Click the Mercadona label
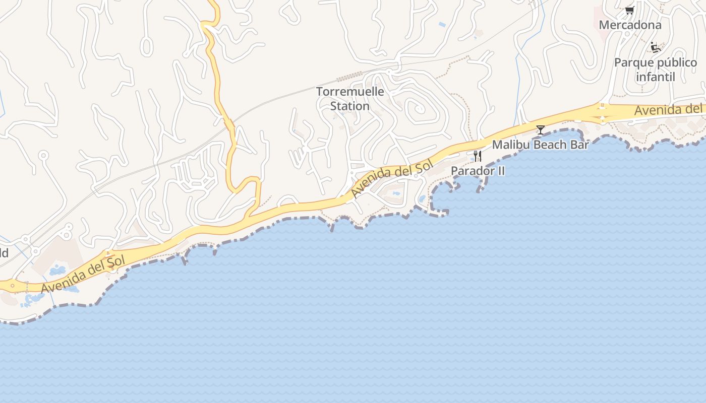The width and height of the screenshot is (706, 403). (630, 25)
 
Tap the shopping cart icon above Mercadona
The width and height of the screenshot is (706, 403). (629, 10)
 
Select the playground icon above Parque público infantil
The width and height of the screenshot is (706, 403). (656, 48)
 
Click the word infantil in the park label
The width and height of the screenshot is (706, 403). (655, 77)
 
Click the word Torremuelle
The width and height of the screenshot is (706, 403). (350, 92)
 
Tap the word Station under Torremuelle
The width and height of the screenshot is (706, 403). (350, 106)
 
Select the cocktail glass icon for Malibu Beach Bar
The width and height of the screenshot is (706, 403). (541, 130)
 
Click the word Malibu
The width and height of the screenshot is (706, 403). (511, 145)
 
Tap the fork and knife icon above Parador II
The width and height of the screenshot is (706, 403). (477, 156)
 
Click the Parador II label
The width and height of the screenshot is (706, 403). (478, 171)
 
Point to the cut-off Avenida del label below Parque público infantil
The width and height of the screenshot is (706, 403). (668, 109)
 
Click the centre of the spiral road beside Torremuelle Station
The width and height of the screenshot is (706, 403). (418, 108)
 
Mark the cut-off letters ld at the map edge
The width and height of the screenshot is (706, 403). (4, 253)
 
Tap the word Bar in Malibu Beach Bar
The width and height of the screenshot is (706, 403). (580, 145)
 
